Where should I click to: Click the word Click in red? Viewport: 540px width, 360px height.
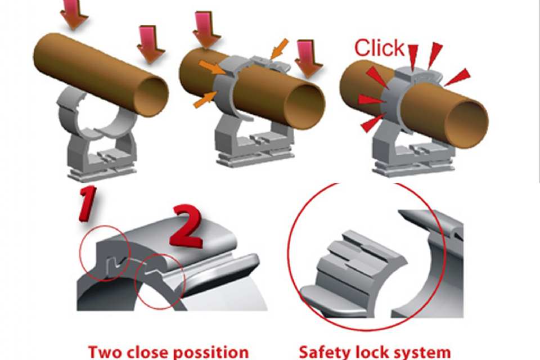tap(379, 48)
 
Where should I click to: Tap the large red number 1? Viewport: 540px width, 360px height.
tap(87, 203)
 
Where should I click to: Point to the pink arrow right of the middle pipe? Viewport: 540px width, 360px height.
tap(309, 58)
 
